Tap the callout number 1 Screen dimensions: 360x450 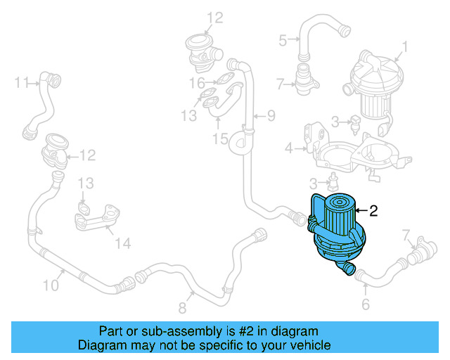404,49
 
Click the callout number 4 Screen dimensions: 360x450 288,148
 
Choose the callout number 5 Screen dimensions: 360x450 283,40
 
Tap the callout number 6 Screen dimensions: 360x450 365,304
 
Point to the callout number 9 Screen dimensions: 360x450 271,115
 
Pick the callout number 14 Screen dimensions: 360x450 123,244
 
